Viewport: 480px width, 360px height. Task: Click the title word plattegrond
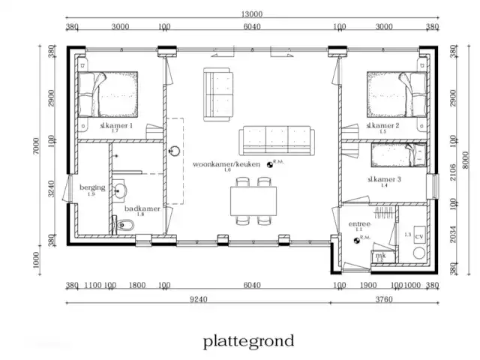[248, 341]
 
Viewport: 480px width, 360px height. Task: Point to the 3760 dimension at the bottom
[383, 298]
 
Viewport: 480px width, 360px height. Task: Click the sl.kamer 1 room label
[115, 126]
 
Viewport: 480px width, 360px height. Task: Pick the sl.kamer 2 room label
[383, 125]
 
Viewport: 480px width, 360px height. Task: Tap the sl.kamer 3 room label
[383, 180]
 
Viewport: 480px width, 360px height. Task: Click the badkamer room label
[142, 208]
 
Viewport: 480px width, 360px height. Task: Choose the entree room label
[358, 223]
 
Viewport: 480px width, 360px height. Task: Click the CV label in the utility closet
[418, 235]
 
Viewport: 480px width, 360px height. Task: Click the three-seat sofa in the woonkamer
[274, 140]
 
